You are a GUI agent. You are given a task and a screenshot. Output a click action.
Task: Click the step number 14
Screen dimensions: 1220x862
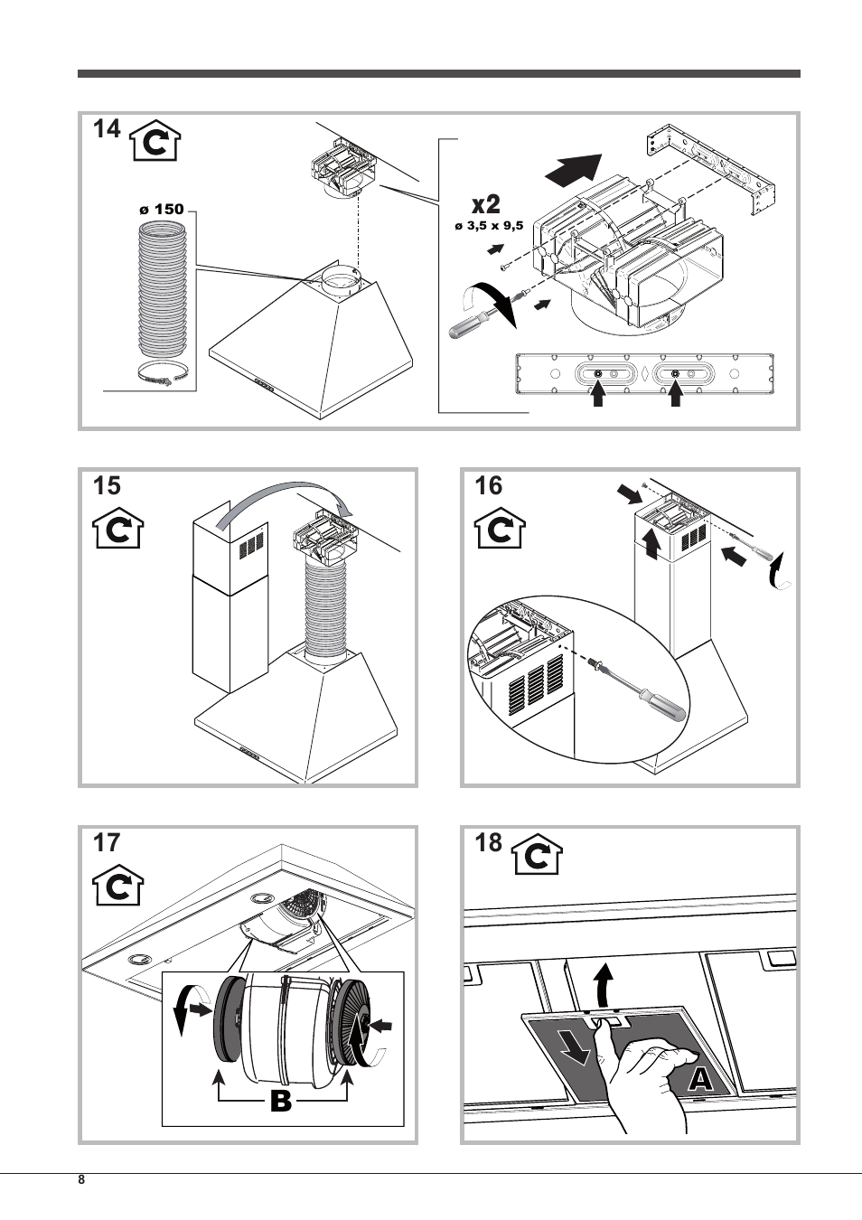[x=106, y=130]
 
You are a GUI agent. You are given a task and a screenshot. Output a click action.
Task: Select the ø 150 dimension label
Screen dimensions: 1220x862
[x=162, y=209]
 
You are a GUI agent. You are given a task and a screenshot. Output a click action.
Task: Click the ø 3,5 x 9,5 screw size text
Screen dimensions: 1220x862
[x=489, y=226]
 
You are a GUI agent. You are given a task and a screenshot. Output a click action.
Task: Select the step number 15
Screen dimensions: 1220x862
[x=106, y=486]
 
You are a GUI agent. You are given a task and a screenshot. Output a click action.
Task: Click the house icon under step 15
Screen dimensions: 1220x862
[x=118, y=530]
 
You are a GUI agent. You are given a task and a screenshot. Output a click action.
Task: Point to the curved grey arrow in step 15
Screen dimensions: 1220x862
[x=280, y=496]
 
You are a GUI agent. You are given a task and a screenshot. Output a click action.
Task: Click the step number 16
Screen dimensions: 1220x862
[x=488, y=486]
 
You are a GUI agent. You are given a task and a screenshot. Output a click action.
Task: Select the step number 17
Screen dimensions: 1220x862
[x=106, y=843]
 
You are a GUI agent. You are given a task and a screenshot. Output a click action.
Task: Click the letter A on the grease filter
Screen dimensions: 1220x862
[x=701, y=1078]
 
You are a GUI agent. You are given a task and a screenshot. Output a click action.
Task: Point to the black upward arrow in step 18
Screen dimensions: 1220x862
[x=604, y=983]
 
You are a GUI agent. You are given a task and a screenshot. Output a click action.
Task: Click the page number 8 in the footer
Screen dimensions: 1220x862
[x=81, y=1181]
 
